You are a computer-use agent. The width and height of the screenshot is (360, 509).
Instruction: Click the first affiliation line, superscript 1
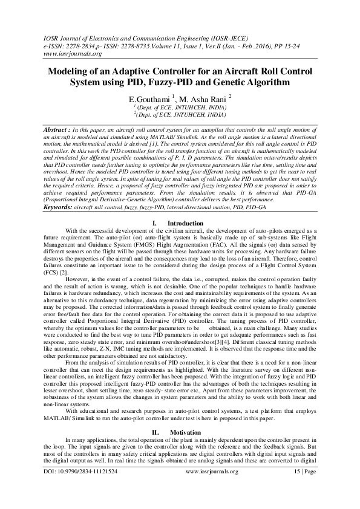click(x=180, y=107)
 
